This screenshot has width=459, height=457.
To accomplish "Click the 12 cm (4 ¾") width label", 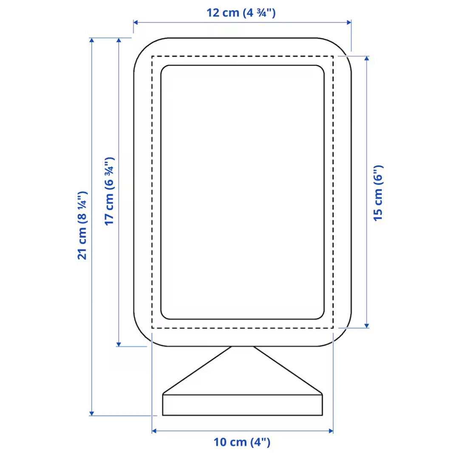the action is (241, 13).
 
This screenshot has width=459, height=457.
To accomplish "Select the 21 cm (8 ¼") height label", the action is (82, 225).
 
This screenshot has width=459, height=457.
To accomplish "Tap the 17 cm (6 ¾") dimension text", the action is (110, 191).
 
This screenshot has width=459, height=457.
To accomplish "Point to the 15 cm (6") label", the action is (378, 193).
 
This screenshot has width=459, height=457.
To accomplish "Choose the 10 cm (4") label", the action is (242, 442).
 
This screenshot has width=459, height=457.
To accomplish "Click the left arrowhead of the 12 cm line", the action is (136, 22).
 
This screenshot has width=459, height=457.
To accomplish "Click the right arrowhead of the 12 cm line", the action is (349, 22).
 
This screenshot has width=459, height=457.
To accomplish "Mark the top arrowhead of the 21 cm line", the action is (92, 40).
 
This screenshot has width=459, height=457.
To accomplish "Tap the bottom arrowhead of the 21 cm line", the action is (92, 413).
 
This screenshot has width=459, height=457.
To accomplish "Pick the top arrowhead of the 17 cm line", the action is (119, 40).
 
